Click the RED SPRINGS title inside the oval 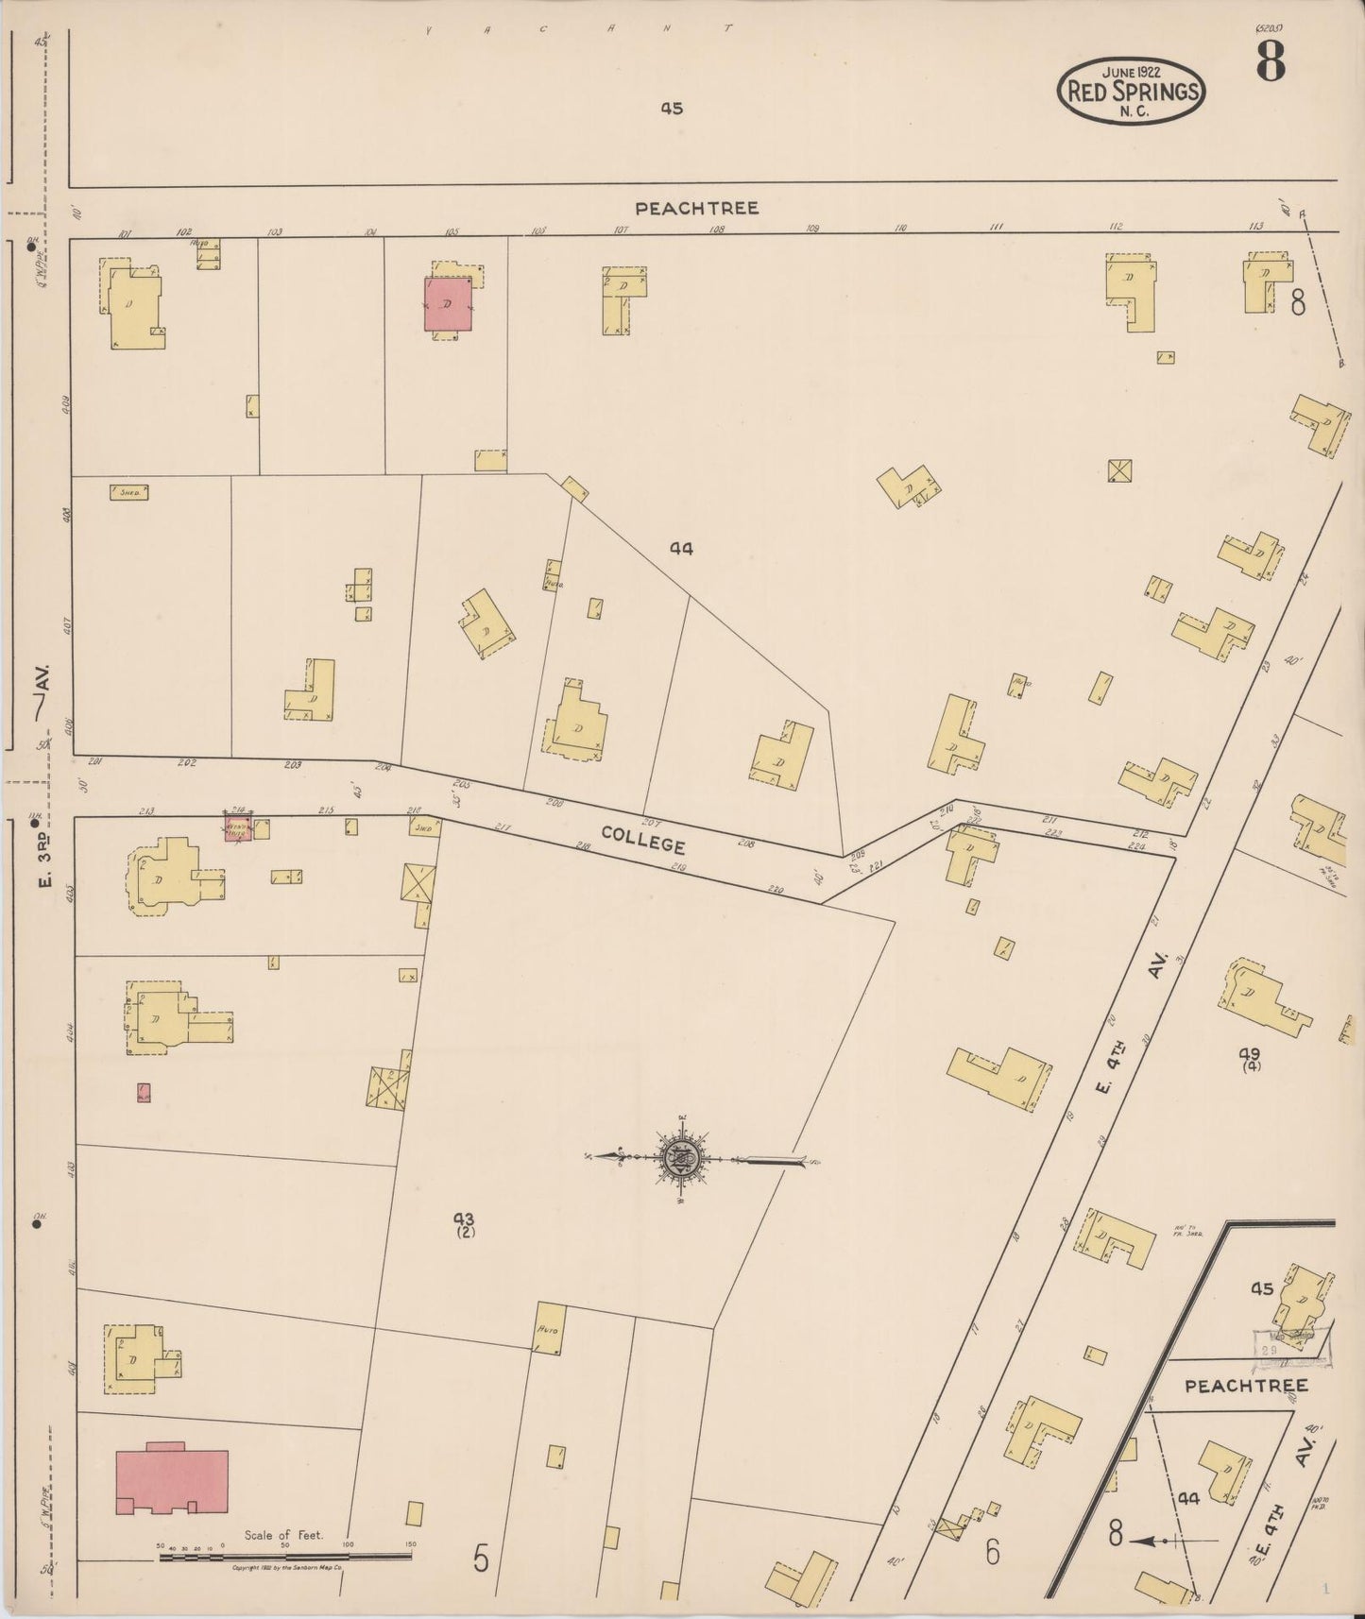(x=1132, y=92)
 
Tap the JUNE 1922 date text (x=1132, y=71)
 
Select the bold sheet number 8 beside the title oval (x=1271, y=63)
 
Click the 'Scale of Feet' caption (x=283, y=1535)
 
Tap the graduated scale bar (x=283, y=1555)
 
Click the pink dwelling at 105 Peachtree (x=448, y=304)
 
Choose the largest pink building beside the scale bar (x=171, y=1482)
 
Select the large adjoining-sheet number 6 (x=992, y=1552)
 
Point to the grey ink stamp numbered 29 (x=1269, y=1351)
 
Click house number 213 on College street (x=146, y=811)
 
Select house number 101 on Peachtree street (x=125, y=233)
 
